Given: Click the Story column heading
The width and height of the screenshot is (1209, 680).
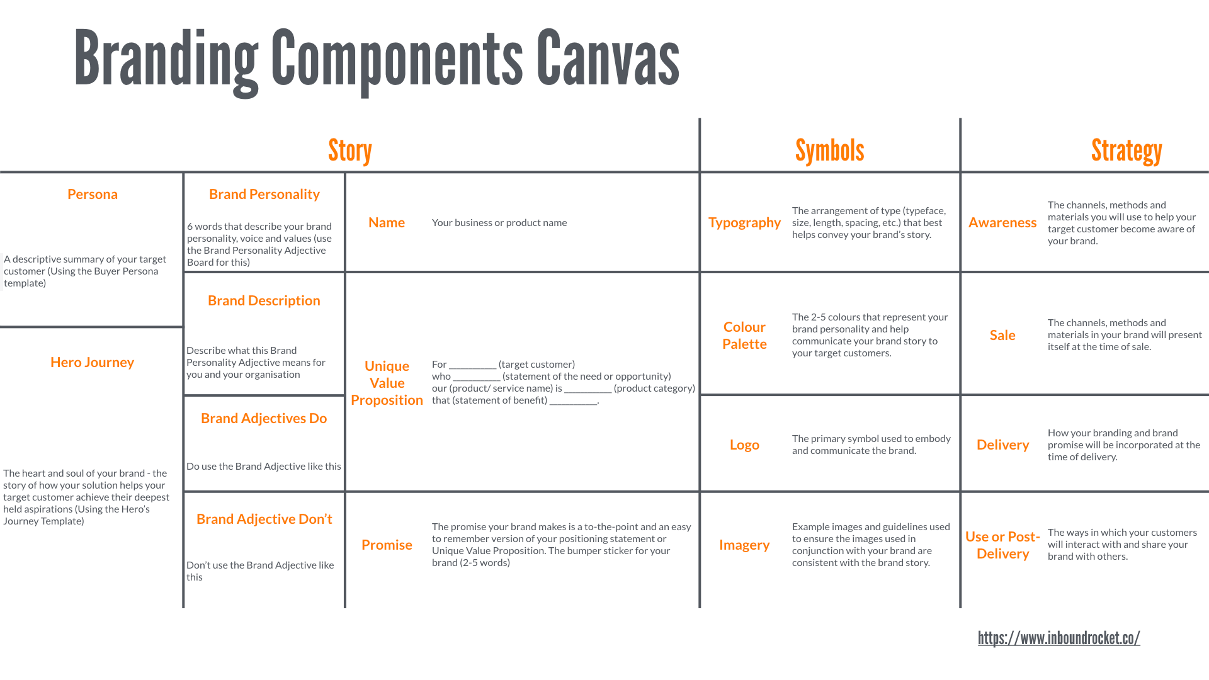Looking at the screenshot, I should [x=350, y=151].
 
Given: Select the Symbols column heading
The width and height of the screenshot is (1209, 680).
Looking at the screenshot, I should [x=829, y=151].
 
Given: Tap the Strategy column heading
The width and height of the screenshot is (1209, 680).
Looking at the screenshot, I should [x=1127, y=151].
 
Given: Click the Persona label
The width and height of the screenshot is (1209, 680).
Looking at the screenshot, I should [x=93, y=194].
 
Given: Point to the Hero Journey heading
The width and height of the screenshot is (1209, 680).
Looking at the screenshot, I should [x=93, y=362].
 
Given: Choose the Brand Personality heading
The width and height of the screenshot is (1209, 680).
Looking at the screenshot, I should [x=264, y=194].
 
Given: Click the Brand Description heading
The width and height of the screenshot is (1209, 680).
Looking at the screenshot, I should [x=264, y=300].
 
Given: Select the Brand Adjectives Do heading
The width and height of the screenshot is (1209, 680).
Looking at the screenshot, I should [x=264, y=418].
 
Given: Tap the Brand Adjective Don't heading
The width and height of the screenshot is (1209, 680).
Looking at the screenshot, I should [x=264, y=519].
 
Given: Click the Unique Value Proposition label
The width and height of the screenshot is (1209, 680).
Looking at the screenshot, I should [x=387, y=383].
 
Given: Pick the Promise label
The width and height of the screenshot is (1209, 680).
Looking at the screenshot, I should [x=387, y=545].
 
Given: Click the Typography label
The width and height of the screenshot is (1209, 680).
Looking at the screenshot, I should [x=744, y=222].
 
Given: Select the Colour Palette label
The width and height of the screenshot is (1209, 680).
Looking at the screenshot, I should [x=744, y=335].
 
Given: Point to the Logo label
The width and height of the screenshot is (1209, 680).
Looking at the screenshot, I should [x=744, y=445].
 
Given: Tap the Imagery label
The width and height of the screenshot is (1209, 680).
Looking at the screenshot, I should [x=744, y=545].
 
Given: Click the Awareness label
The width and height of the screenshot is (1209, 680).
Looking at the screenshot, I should [x=1002, y=222].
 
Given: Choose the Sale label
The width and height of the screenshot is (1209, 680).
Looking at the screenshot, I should [x=1002, y=335].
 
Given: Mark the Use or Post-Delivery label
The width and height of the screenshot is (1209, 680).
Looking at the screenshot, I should [x=1002, y=545].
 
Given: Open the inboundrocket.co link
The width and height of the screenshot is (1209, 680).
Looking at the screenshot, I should [x=1059, y=638].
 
